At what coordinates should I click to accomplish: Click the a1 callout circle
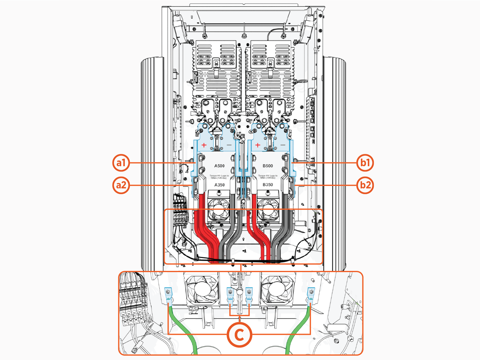point(121,163)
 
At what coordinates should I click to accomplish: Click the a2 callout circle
point(121,185)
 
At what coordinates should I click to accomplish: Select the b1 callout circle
point(365,163)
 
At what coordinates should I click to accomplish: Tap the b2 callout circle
point(365,185)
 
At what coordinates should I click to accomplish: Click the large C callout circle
point(239,334)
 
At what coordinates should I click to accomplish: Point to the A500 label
point(219,166)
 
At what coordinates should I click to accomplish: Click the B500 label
point(268,166)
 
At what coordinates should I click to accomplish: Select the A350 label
point(219,185)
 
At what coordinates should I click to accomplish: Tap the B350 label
point(268,185)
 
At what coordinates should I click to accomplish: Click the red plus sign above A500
point(204,145)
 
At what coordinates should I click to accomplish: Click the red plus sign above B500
point(258,145)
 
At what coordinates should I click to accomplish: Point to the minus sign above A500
point(229,145)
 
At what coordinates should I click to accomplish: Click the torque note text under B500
point(268,177)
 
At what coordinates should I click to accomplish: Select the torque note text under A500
point(219,177)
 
